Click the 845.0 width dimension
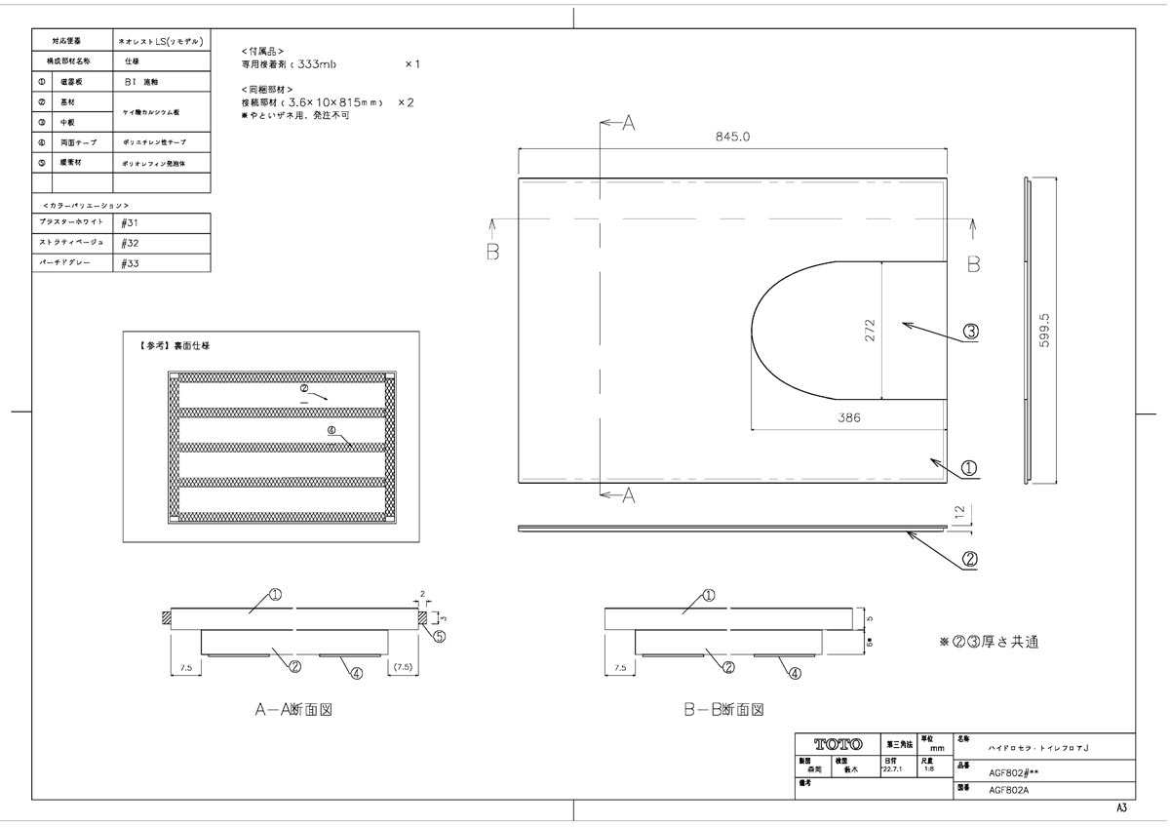732,138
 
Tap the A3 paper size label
1121,808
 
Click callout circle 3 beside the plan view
970,332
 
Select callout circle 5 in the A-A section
439,637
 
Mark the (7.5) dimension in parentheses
404,668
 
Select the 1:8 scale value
929,768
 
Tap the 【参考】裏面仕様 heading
168,345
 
